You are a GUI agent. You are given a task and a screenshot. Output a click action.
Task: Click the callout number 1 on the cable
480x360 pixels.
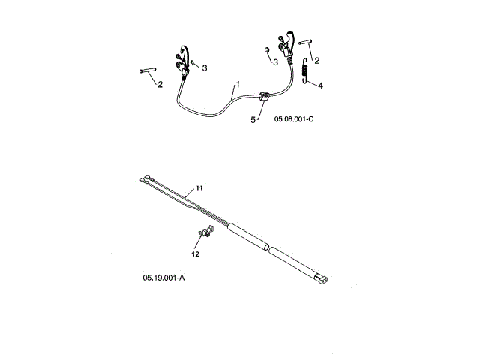pyautogui.click(x=238, y=85)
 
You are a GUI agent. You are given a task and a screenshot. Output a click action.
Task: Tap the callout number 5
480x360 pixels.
pyautogui.click(x=253, y=118)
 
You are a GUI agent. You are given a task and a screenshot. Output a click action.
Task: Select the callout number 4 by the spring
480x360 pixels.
pyautogui.click(x=321, y=85)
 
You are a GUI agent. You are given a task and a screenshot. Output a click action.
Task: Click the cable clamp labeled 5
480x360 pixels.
pyautogui.click(x=263, y=96)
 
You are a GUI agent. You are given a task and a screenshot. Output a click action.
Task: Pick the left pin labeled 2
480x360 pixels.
pyautogui.click(x=147, y=71)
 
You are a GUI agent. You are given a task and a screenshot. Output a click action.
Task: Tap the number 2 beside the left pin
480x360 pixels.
pyautogui.click(x=160, y=83)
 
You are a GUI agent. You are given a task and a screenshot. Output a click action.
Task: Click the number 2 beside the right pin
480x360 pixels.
pyautogui.click(x=318, y=60)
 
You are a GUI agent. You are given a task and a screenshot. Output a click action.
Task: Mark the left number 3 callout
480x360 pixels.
pyautogui.click(x=205, y=67)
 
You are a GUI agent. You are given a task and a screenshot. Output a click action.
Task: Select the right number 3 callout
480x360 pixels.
pyautogui.click(x=276, y=61)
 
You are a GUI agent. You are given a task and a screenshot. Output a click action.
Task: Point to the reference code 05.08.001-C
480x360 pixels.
pyautogui.click(x=298, y=119)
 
